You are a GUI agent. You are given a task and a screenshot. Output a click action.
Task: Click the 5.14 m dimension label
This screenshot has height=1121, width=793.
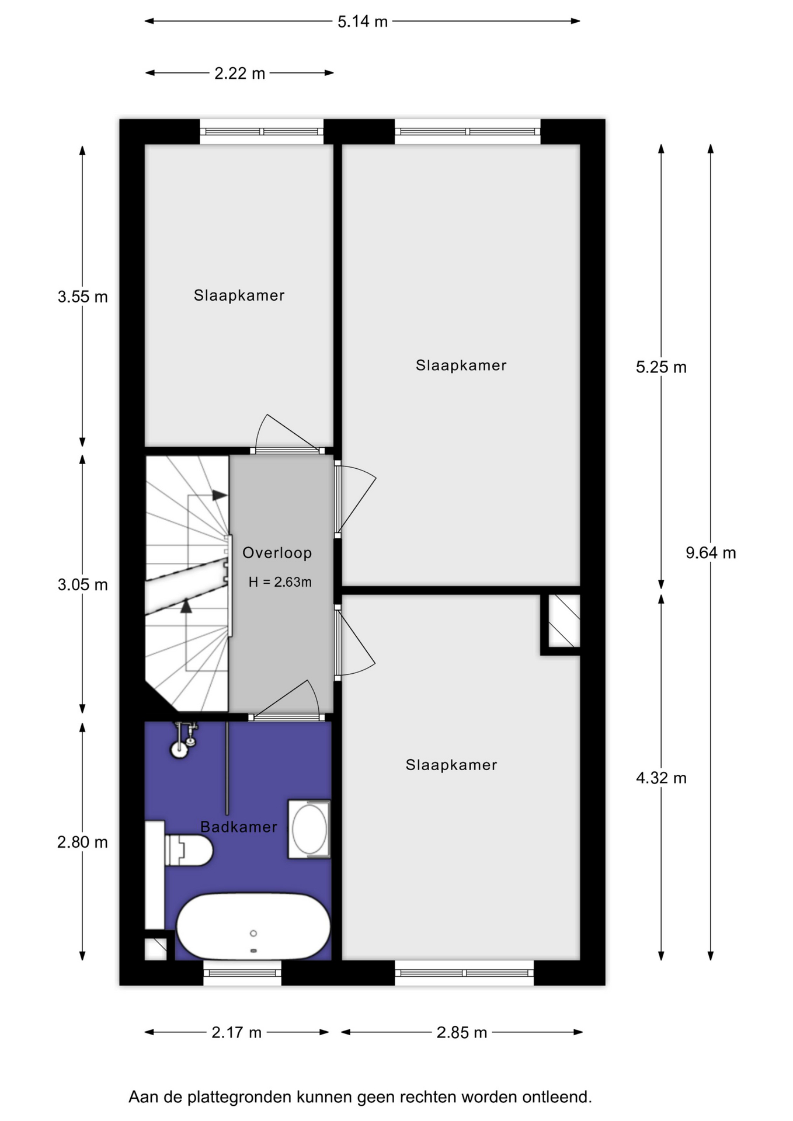[x=363, y=22]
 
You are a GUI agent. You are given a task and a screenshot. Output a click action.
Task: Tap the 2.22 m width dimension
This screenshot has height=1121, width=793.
[x=239, y=74]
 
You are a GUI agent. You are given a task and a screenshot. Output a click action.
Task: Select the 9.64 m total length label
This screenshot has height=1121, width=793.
[x=711, y=552]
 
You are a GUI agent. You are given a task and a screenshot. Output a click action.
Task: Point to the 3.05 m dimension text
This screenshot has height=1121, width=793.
[x=82, y=584]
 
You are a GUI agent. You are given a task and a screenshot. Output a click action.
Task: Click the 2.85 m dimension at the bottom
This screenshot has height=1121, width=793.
[x=461, y=1032]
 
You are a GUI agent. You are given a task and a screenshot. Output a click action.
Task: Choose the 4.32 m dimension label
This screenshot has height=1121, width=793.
[x=661, y=778]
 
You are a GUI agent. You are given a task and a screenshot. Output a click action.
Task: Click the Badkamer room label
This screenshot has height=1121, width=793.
[x=238, y=827]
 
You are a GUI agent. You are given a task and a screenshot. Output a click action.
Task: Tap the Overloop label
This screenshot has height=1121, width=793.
[x=277, y=553]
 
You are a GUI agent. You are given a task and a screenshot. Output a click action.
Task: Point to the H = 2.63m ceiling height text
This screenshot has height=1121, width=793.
[x=280, y=582]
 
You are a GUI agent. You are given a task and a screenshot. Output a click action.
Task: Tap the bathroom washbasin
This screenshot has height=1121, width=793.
[x=309, y=829]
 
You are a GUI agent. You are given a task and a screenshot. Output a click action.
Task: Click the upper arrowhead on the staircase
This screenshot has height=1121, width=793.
[x=220, y=495]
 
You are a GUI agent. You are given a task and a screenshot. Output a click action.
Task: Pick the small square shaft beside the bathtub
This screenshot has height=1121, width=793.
[x=156, y=949]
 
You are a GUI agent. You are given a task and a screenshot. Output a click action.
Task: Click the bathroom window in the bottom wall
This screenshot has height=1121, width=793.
[x=242, y=972]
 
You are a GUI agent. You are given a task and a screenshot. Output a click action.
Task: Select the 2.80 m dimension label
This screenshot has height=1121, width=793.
[x=82, y=842]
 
